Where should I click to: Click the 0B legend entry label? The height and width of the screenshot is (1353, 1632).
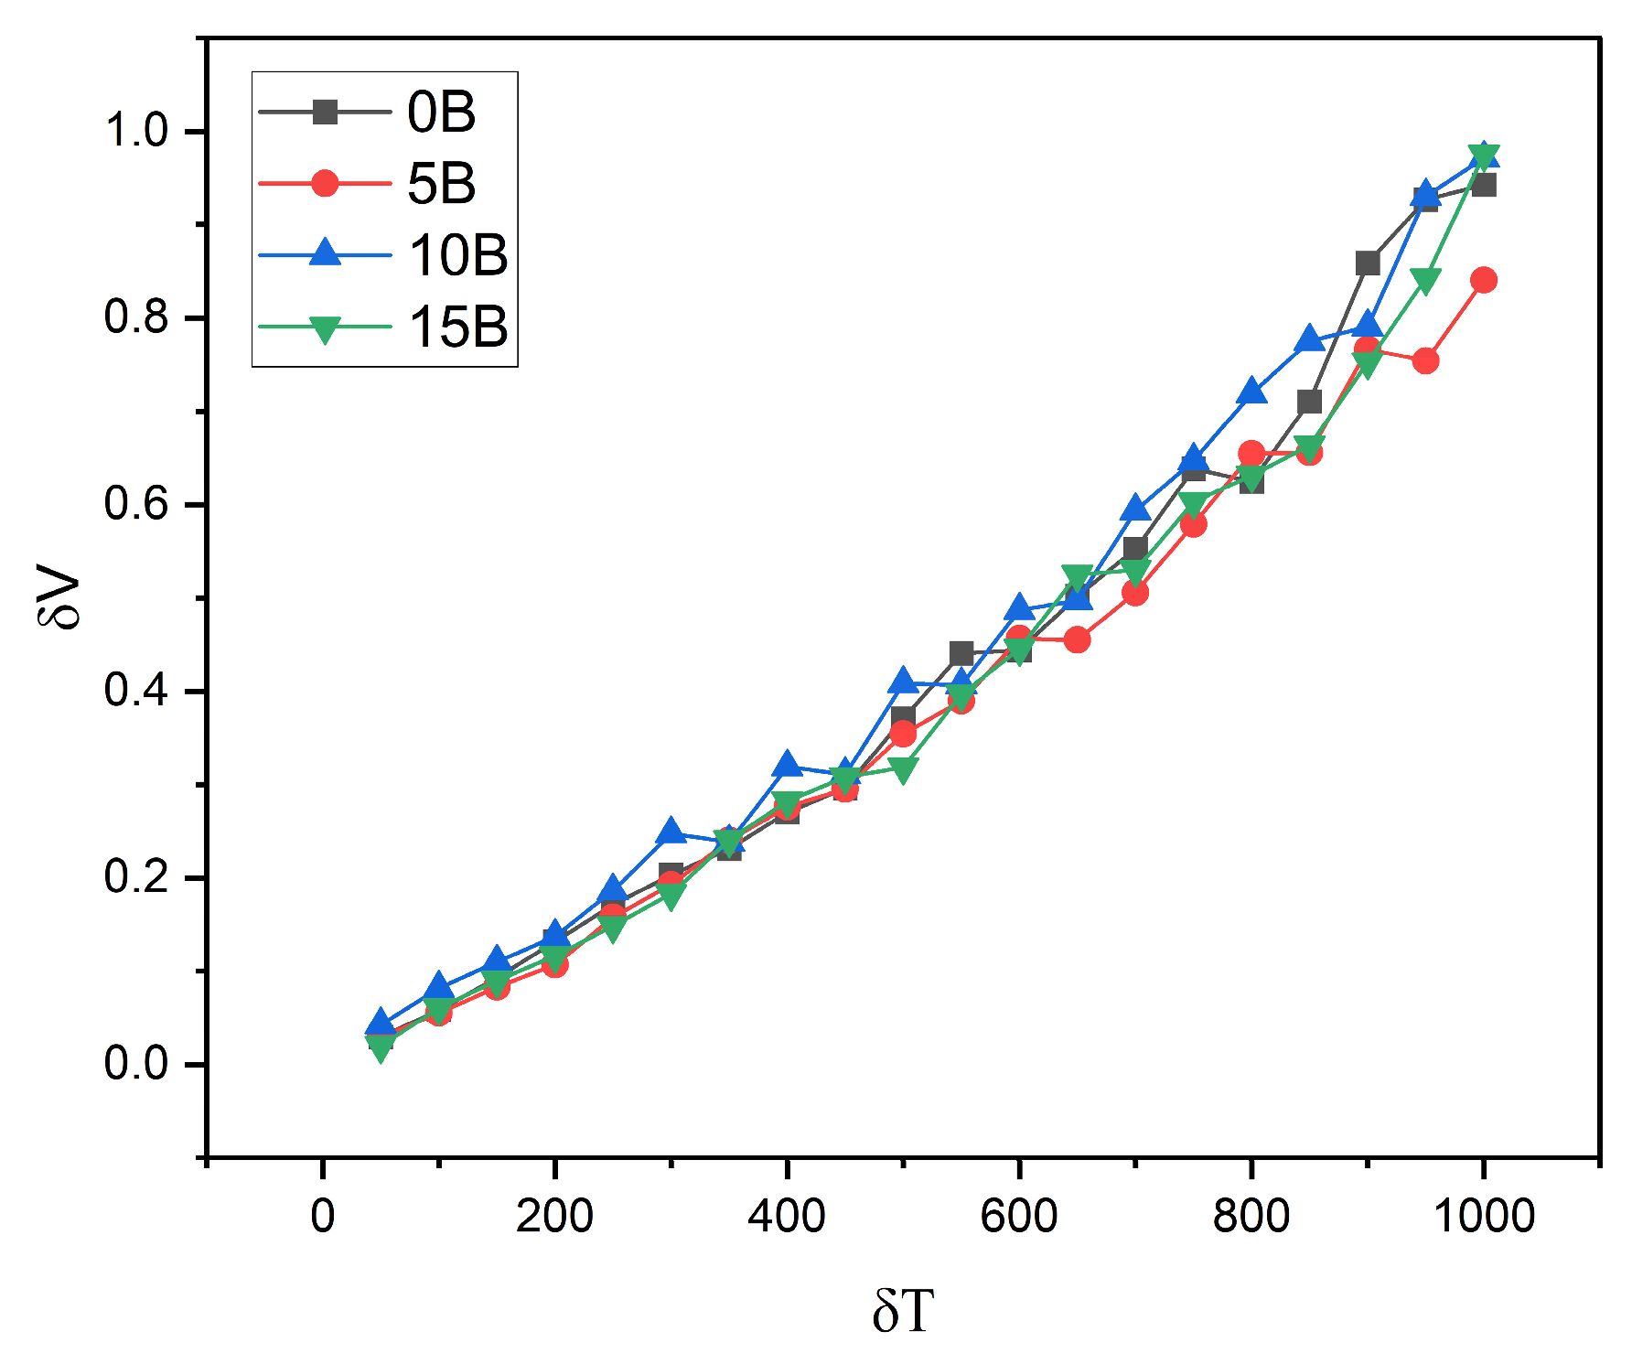[x=441, y=113]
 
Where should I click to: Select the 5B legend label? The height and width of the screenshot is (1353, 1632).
[x=441, y=184]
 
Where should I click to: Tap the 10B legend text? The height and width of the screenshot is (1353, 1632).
[x=457, y=255]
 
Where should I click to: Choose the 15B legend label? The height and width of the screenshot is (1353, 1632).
[x=457, y=327]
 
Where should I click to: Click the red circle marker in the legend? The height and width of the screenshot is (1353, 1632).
[x=325, y=184]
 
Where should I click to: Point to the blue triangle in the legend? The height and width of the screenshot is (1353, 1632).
[x=325, y=253]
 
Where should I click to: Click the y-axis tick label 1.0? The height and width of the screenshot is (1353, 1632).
[x=137, y=131]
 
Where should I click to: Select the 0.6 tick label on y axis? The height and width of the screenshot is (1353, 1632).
[x=137, y=504]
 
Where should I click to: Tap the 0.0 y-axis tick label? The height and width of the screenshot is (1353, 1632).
[x=137, y=1064]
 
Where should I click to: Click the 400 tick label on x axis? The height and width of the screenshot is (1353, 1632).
[x=787, y=1217]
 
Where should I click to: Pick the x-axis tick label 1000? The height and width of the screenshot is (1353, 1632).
[x=1483, y=1217]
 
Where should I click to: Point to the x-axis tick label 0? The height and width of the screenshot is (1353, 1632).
[x=323, y=1217]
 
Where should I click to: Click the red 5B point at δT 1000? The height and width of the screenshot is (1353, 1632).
[x=1484, y=280]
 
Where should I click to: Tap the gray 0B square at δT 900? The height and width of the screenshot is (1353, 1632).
[x=1368, y=263]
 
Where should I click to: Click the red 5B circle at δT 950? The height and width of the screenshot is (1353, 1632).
[x=1425, y=361]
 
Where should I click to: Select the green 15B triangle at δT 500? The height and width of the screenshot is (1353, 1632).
[x=903, y=771]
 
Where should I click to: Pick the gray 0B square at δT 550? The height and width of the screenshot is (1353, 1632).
[x=961, y=653]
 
